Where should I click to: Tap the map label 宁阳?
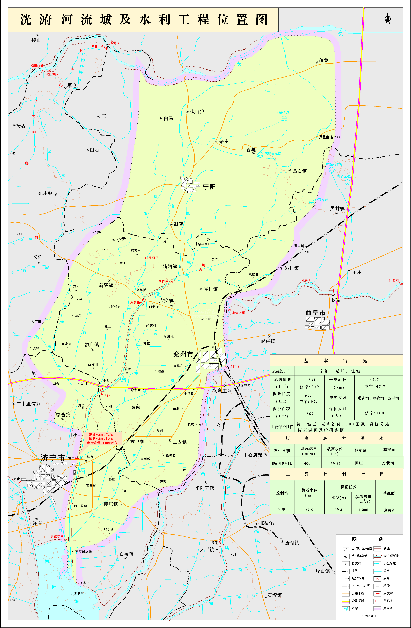(x=209, y=187)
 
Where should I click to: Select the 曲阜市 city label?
(x=315, y=313)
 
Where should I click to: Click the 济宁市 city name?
(x=53, y=458)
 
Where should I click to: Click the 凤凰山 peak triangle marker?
(x=332, y=137)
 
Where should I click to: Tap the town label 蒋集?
(x=323, y=60)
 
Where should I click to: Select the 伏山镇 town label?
(x=197, y=112)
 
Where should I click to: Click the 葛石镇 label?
(x=300, y=171)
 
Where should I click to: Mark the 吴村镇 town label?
(x=337, y=208)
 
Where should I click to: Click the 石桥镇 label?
(x=126, y=554)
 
